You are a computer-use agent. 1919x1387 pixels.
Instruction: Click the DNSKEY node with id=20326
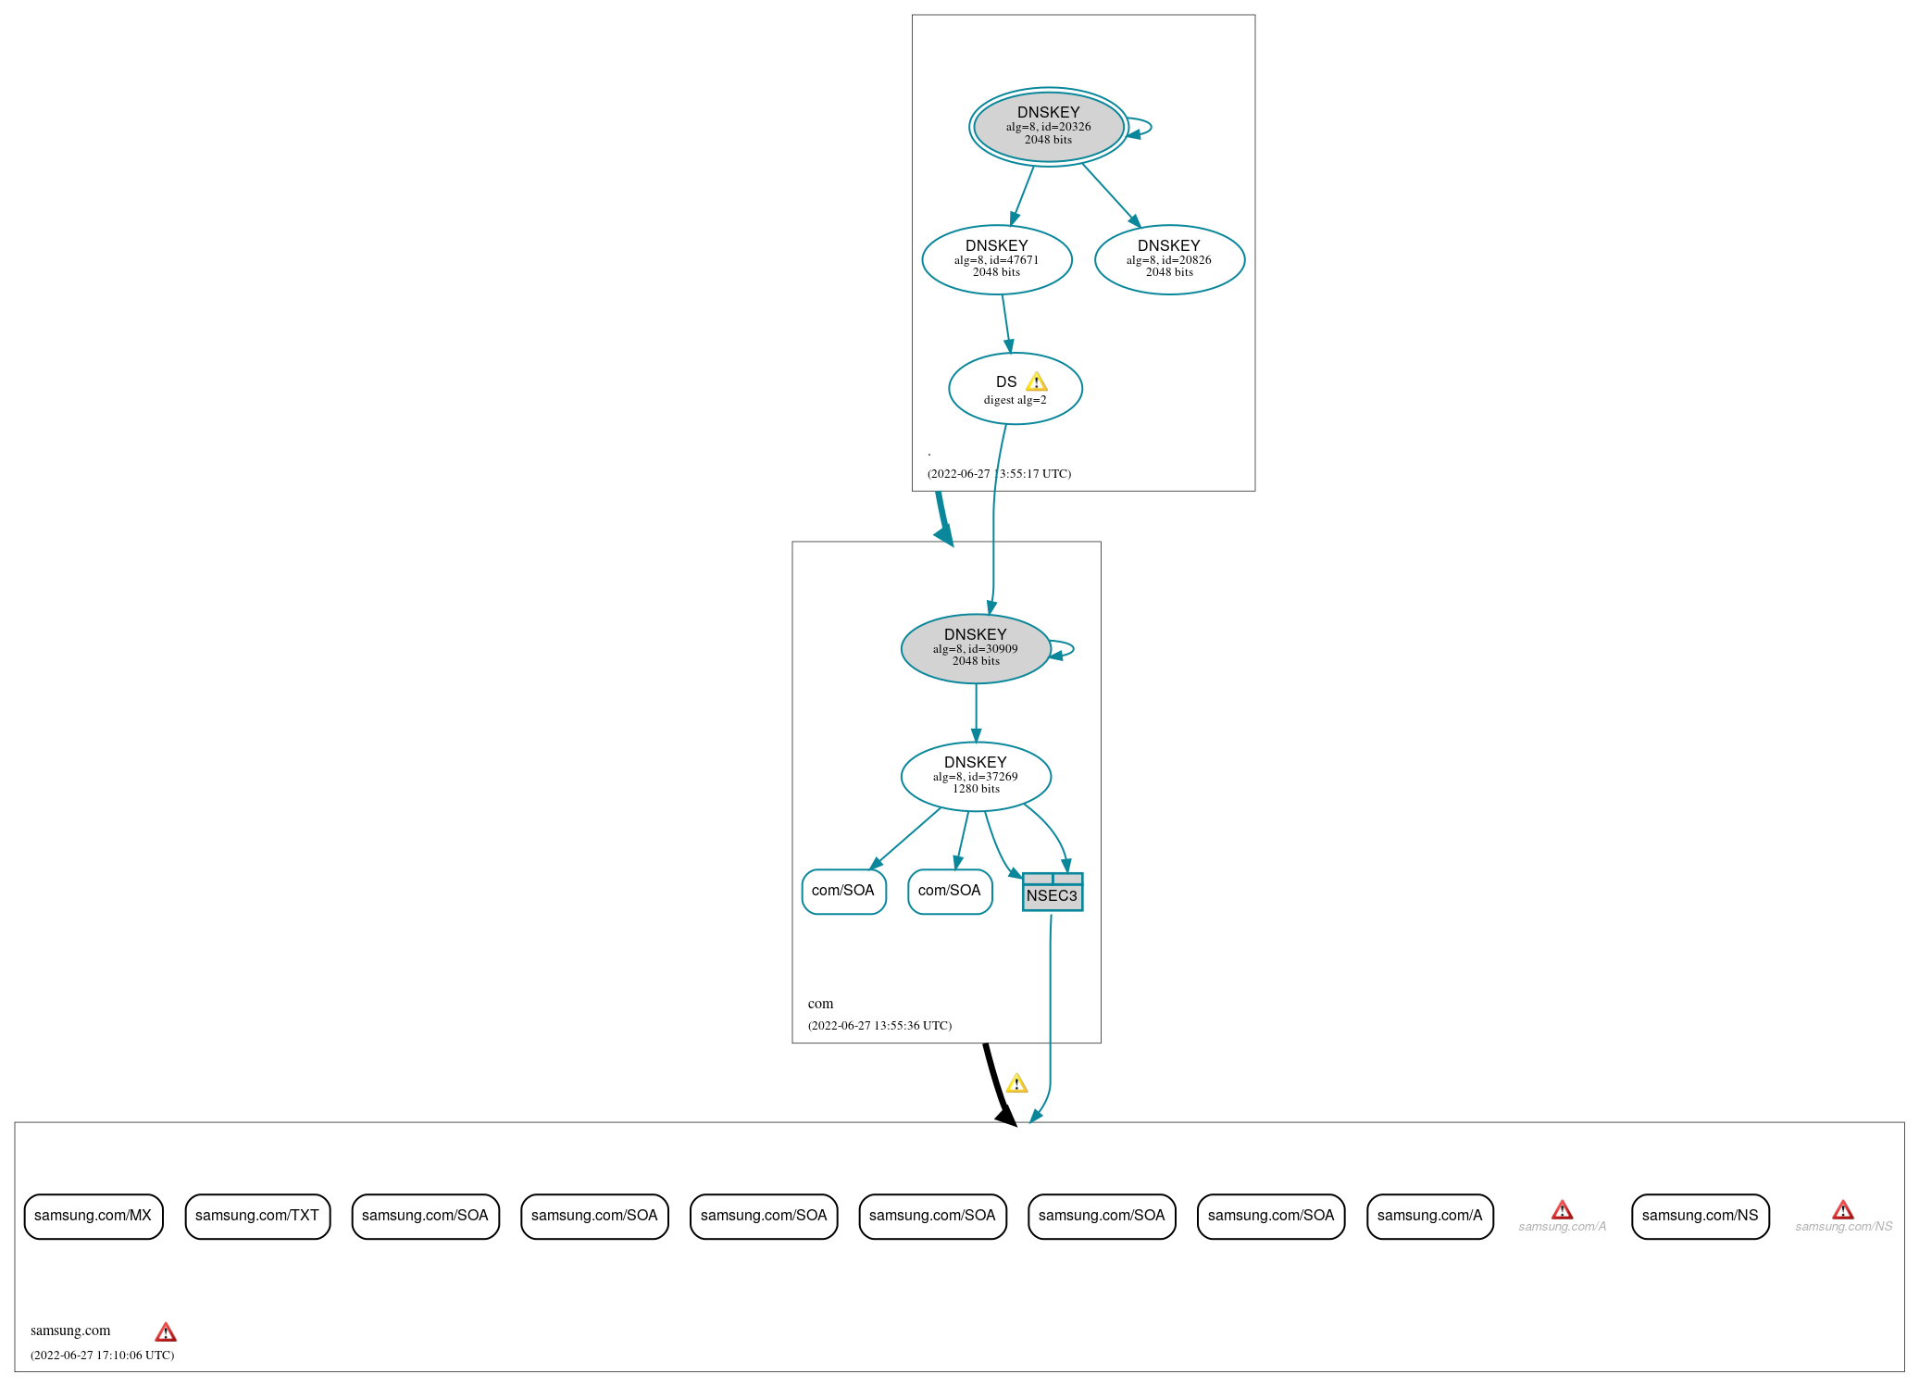[1049, 127]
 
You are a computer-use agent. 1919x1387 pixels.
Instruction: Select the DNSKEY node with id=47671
[997, 259]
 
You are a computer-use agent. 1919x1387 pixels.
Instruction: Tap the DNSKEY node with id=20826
[1169, 259]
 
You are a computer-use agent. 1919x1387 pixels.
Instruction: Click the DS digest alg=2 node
[1016, 389]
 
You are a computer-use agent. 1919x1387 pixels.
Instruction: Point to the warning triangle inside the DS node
[1037, 381]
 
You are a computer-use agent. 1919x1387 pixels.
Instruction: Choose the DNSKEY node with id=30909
[976, 648]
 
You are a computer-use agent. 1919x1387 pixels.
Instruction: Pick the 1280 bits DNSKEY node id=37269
[976, 776]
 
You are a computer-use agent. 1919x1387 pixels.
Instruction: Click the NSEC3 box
[1053, 892]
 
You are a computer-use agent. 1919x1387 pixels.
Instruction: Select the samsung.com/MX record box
[93, 1216]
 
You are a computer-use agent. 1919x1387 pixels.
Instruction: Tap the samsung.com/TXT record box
[257, 1216]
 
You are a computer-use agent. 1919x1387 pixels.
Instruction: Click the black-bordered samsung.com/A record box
[1430, 1216]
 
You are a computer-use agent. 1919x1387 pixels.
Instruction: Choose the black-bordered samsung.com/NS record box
[1701, 1216]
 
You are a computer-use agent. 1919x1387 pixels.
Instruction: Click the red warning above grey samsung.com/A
[1563, 1210]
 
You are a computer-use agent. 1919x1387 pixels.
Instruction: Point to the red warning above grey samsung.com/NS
[1843, 1210]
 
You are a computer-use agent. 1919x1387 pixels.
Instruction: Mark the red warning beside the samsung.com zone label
[166, 1332]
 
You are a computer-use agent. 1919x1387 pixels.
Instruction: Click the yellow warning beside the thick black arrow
[1017, 1083]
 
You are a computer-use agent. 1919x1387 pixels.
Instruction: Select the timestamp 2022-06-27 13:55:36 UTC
[879, 1025]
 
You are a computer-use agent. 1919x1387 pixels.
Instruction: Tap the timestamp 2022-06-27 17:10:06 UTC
[102, 1355]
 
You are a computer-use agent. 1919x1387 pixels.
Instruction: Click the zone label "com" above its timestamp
[820, 1004]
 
